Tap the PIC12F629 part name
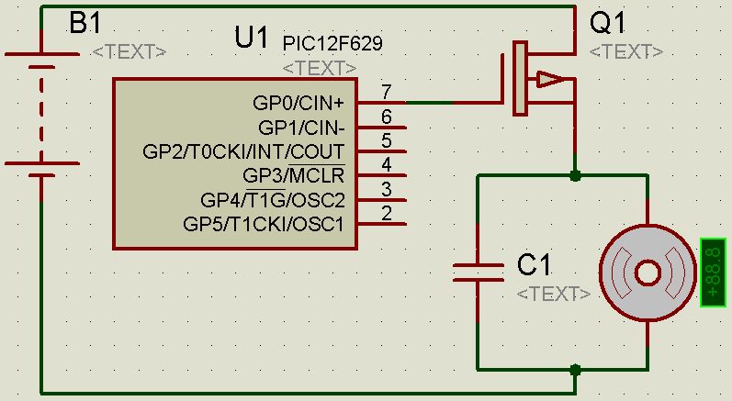point(332,43)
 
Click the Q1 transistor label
point(608,23)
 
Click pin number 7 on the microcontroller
point(387,92)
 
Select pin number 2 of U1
point(387,214)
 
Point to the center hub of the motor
point(648,272)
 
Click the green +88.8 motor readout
point(715,272)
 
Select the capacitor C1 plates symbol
point(479,271)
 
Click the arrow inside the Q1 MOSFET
point(549,80)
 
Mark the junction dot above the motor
point(575,175)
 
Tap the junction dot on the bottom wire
point(575,371)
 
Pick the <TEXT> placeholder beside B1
point(130,51)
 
